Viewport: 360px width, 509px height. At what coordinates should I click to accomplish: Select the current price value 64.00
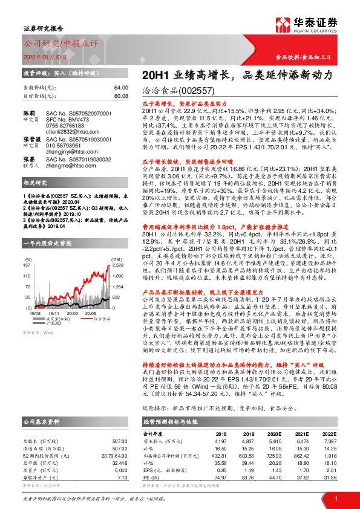pos(121,88)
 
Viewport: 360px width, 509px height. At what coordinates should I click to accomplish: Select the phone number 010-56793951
pos(70,145)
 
